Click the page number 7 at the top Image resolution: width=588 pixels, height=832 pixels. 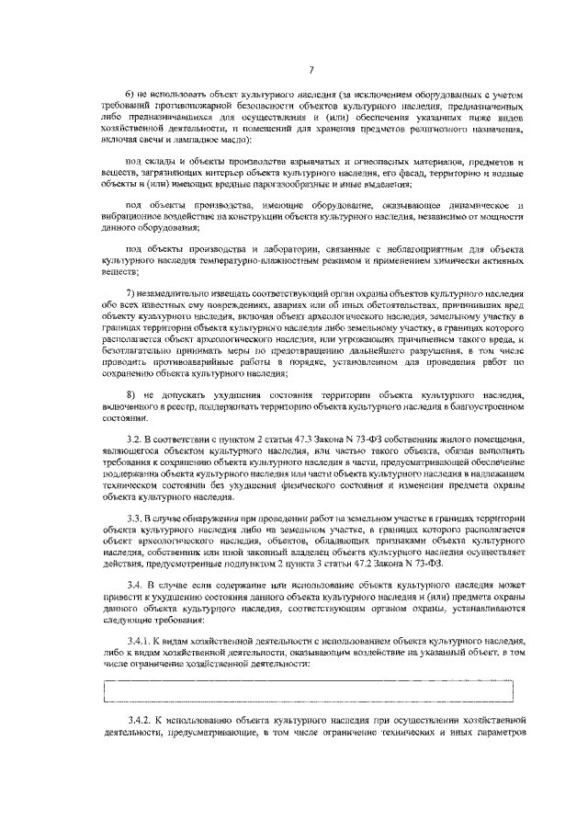[x=311, y=70]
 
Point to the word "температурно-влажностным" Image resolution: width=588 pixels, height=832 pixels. [x=221, y=261]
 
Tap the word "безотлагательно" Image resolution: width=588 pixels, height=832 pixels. [x=141, y=351]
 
